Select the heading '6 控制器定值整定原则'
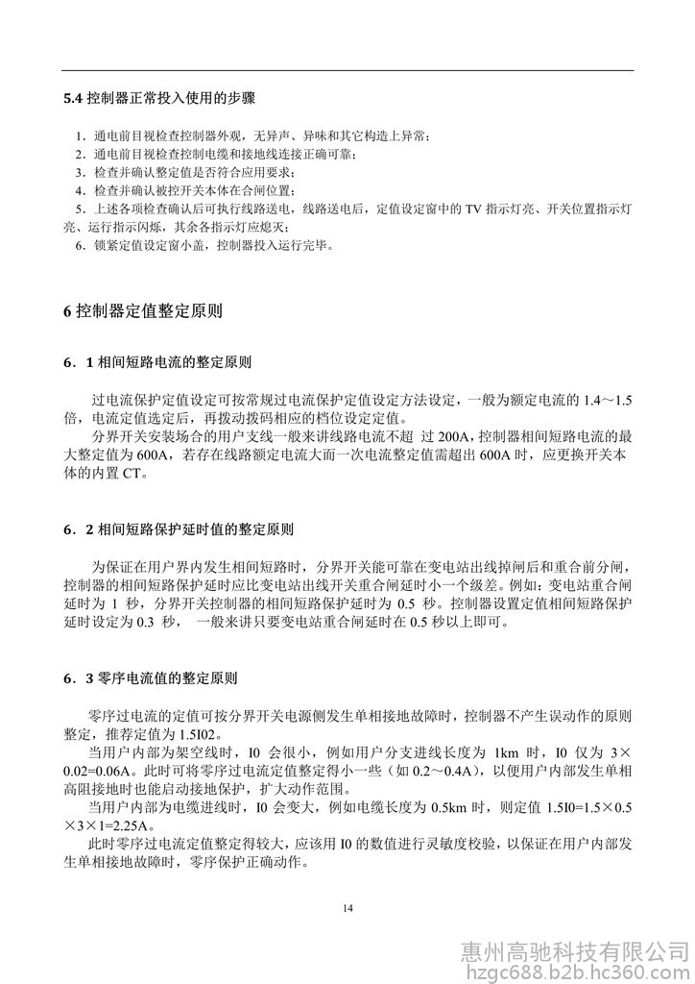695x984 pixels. click(x=143, y=311)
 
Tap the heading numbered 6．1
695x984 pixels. click(x=158, y=363)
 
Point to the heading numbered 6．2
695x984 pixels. click(x=179, y=529)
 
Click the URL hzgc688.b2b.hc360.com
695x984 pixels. click(x=574, y=972)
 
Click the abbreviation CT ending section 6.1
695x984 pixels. click(x=132, y=473)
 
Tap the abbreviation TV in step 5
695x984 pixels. click(x=473, y=208)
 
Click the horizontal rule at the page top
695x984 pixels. click(x=347, y=70)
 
